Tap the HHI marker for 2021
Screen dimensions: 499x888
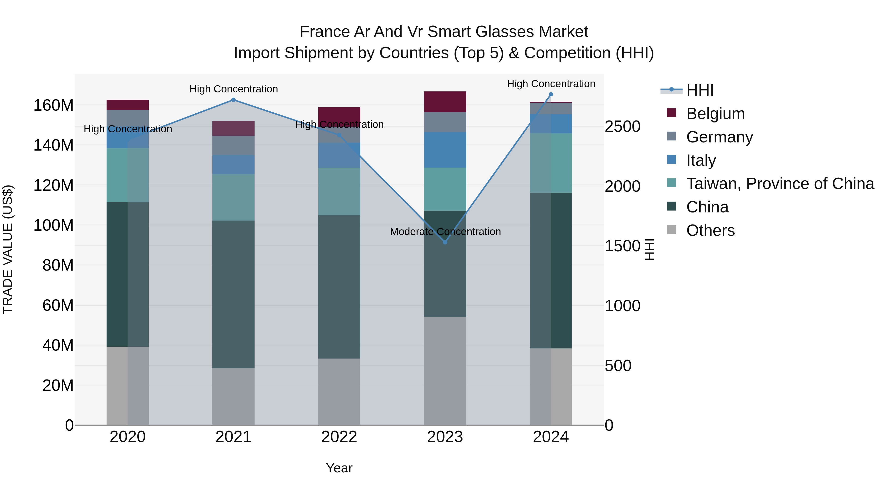point(233,100)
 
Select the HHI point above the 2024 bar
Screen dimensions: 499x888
point(551,94)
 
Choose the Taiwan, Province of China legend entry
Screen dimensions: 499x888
point(780,184)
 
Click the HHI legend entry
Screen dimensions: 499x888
point(700,90)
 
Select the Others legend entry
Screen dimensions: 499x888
point(710,230)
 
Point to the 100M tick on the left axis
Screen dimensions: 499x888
point(54,225)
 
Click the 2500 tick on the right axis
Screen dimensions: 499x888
point(622,126)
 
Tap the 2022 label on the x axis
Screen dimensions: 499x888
point(339,437)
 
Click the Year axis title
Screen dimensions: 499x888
point(339,468)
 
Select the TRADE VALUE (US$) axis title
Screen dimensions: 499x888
point(8,249)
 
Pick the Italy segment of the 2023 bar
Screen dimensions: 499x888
point(445,150)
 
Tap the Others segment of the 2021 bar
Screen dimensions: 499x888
point(233,396)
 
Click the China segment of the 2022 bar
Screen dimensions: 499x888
point(339,287)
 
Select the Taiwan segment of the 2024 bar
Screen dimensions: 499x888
point(551,163)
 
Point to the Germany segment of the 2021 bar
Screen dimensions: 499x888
point(233,145)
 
